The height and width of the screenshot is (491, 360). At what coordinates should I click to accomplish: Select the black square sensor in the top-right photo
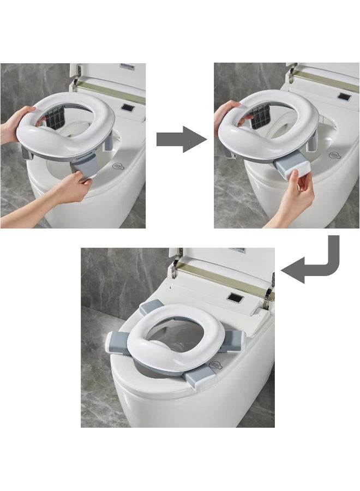click(344, 97)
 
